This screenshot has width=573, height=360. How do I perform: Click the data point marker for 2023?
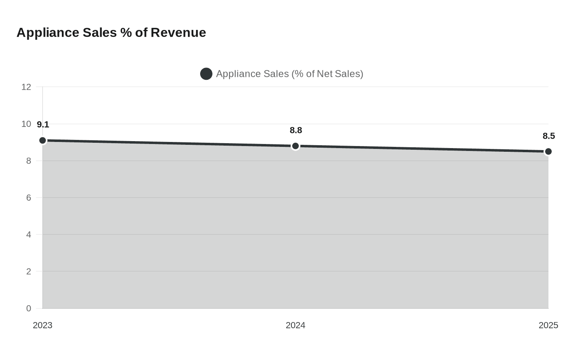[43, 140]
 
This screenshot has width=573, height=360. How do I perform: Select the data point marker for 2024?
[296, 146]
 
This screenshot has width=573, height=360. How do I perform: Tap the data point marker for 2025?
[548, 151]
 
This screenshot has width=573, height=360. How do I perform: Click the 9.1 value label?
[43, 125]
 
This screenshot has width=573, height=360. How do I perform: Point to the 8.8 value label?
[296, 130]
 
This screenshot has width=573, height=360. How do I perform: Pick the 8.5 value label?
[549, 136]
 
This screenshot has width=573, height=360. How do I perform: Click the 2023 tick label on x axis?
[43, 325]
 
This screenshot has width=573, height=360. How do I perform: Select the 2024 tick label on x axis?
[296, 325]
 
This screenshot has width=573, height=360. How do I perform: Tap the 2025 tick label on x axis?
[548, 325]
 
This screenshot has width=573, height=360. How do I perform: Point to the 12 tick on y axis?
[26, 87]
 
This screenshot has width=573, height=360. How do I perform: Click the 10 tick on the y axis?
[26, 124]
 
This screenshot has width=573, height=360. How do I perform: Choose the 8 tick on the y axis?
[29, 161]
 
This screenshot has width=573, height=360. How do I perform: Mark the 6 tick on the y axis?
[29, 198]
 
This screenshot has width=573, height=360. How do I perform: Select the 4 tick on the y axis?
[29, 234]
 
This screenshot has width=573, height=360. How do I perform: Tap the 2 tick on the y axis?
[29, 271]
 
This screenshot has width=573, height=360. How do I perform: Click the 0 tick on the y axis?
[29, 308]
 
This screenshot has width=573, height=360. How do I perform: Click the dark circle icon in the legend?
[206, 74]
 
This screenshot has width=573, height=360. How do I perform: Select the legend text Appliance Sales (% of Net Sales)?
[289, 74]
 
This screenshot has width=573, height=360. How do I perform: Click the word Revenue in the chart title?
[178, 32]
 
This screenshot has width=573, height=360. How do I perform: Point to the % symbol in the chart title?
[126, 32]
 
